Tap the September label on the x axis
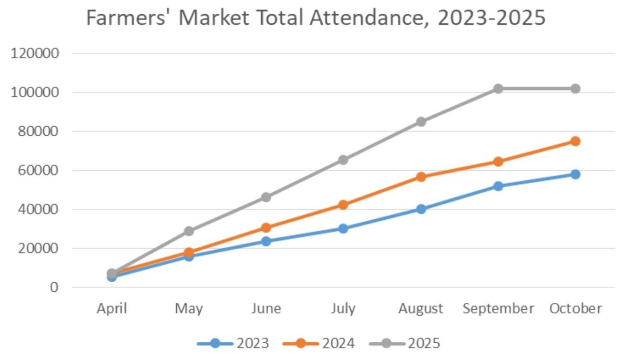(x=498, y=309)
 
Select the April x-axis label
(x=111, y=309)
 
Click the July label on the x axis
(x=343, y=309)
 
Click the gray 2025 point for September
(x=498, y=88)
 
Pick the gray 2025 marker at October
(x=575, y=88)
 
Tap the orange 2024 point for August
(x=421, y=177)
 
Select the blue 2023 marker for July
(x=343, y=229)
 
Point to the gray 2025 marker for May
(x=189, y=231)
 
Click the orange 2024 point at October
(x=575, y=141)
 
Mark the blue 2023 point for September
(x=498, y=186)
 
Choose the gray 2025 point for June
(x=266, y=197)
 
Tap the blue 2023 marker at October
(x=575, y=174)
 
